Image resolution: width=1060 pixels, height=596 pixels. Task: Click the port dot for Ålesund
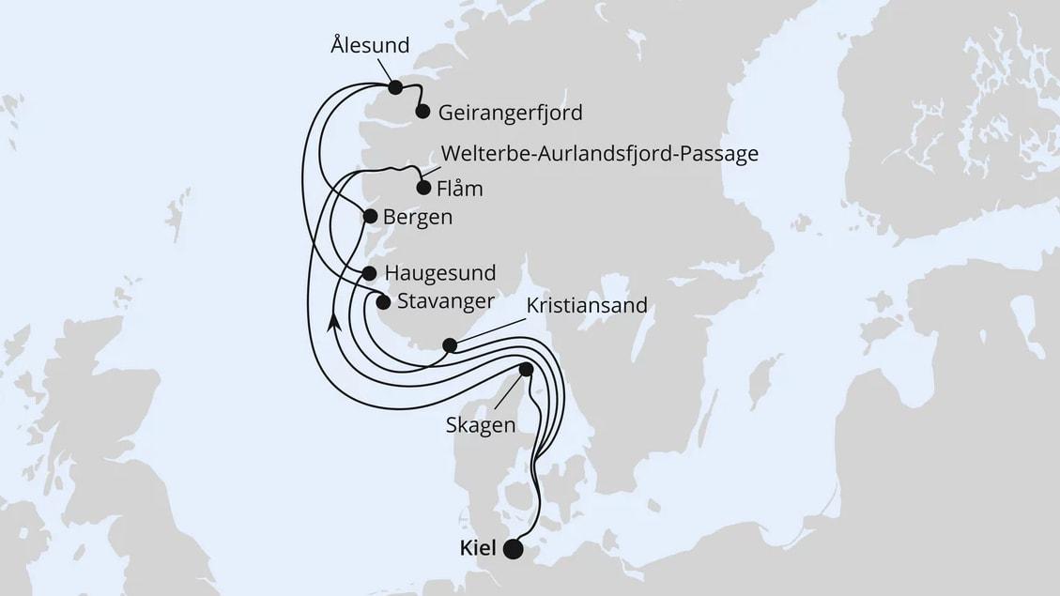(395, 87)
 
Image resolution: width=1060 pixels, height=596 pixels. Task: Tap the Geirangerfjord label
(511, 113)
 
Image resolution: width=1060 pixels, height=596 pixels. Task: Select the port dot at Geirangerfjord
(422, 112)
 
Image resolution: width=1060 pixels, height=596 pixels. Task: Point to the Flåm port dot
(423, 188)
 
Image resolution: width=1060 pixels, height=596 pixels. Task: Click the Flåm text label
(460, 188)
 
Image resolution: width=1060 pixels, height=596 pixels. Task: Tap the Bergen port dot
(370, 217)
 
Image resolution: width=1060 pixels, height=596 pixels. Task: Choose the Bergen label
(418, 217)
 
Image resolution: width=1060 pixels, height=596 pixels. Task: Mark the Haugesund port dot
(369, 273)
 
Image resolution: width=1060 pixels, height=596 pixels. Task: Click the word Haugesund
(439, 273)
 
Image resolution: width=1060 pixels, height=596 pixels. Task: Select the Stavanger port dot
(382, 301)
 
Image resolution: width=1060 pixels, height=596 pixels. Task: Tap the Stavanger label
(446, 301)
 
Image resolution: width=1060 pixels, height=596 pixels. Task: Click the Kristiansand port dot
(450, 345)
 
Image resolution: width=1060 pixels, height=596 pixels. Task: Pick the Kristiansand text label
(587, 307)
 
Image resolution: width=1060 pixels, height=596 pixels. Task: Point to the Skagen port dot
(526, 370)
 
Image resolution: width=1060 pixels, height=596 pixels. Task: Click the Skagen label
(481, 425)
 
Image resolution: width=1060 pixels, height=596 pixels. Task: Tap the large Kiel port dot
(513, 549)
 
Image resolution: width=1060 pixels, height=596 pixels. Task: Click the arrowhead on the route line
(333, 322)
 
